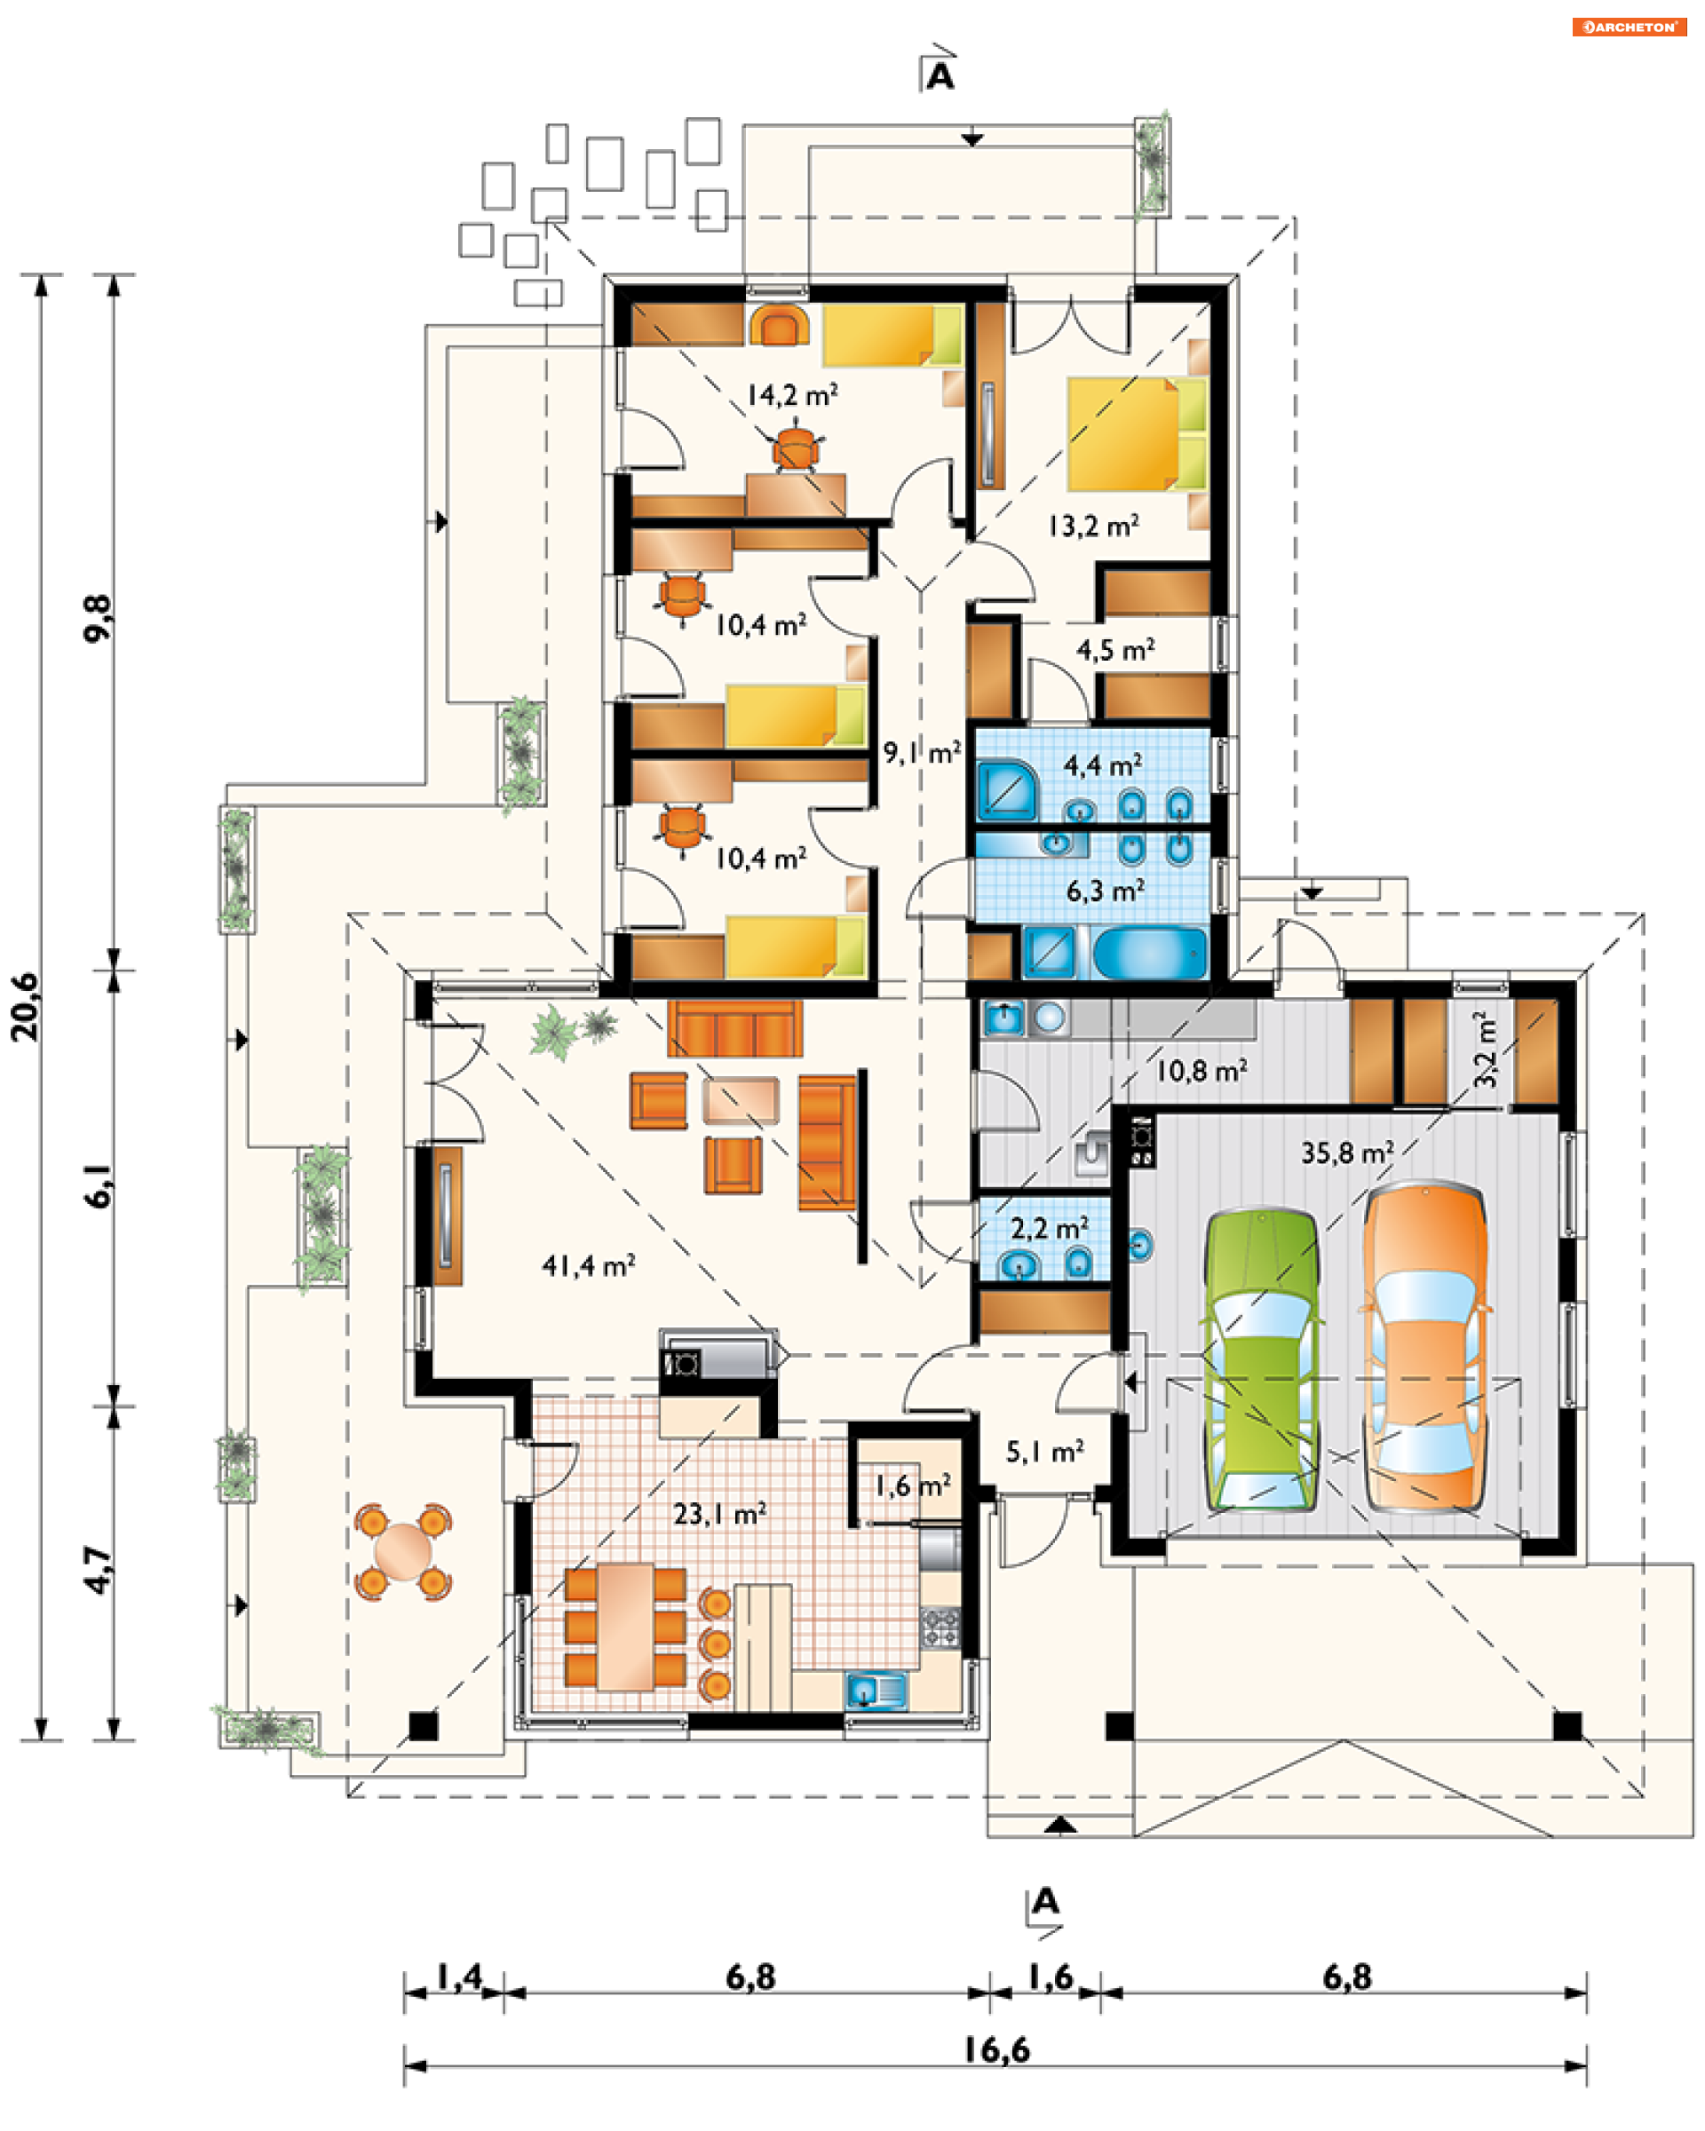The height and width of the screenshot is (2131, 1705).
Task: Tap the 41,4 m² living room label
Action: pos(588,1265)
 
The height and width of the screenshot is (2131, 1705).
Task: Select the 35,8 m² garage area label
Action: pos(1346,1153)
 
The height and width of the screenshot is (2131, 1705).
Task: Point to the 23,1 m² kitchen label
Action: pos(719,1513)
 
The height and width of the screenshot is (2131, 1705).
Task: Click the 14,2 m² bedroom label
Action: pos(792,395)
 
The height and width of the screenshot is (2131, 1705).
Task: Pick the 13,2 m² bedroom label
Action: pos(1093,526)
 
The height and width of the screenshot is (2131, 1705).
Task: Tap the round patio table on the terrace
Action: pos(403,1551)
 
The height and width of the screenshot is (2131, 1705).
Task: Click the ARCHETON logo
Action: pos(1629,27)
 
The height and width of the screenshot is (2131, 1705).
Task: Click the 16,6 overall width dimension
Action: pos(996,2050)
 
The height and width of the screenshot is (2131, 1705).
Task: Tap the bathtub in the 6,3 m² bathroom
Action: pos(1149,953)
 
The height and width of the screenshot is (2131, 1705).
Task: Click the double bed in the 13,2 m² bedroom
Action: pos(1137,433)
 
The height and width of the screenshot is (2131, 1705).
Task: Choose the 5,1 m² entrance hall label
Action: pos(1044,1452)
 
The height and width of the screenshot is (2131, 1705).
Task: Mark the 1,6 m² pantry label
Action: pos(912,1485)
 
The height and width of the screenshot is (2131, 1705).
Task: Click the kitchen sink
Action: pos(875,1689)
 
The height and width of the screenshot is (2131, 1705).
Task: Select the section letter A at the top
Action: pos(940,76)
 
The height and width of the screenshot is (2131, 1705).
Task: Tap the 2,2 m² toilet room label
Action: pos(1049,1229)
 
